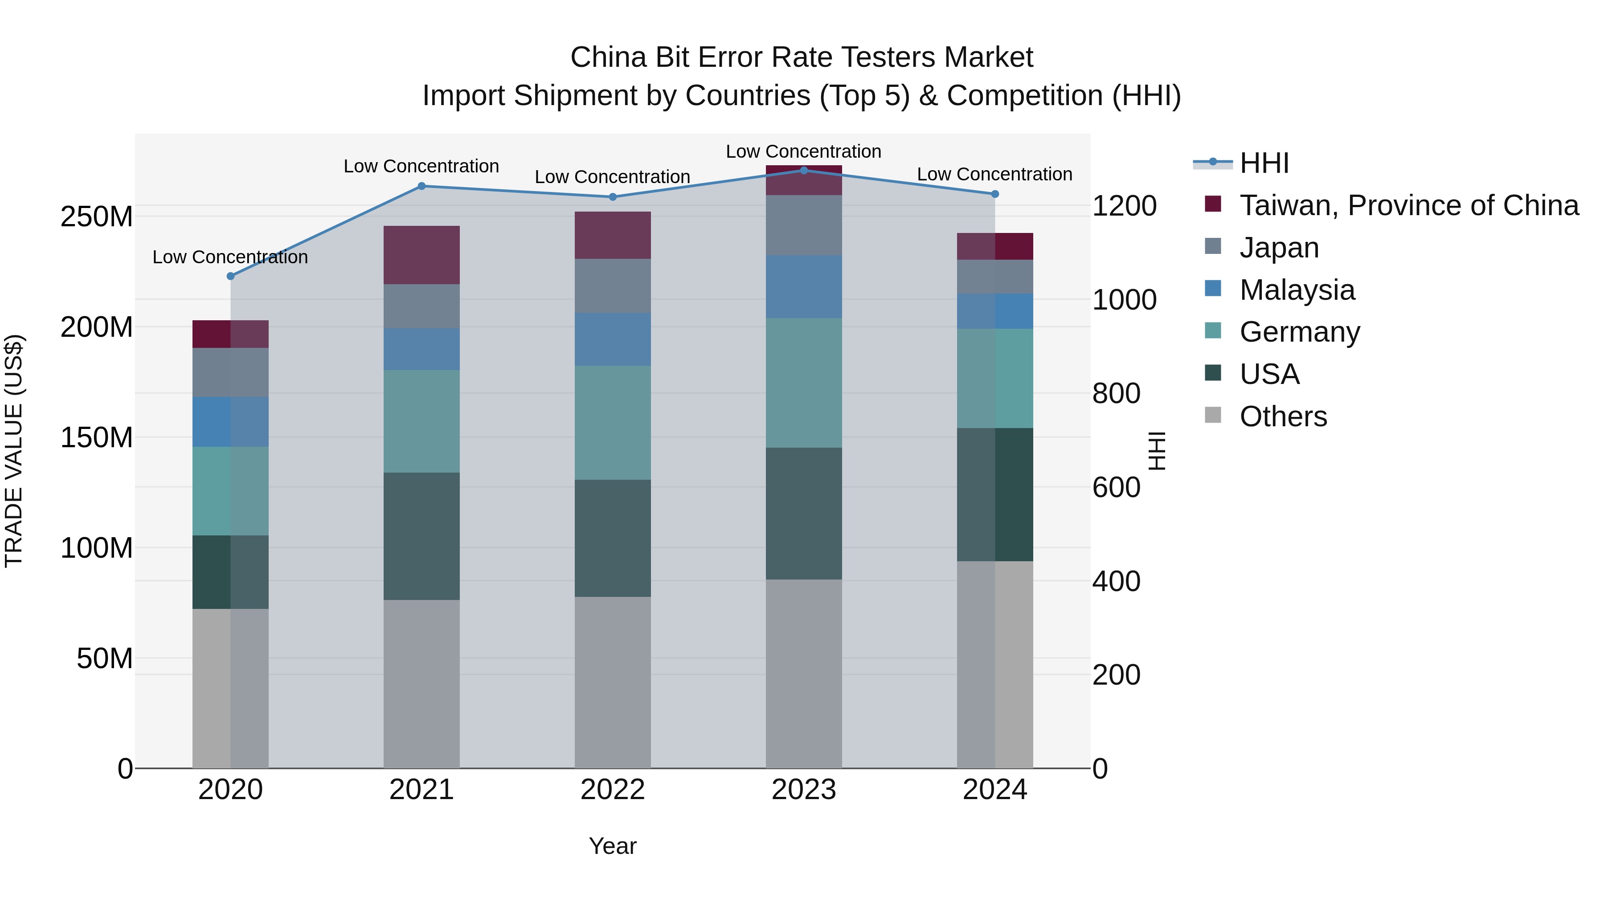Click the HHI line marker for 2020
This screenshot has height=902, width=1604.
230,276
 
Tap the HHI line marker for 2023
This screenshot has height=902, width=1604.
803,170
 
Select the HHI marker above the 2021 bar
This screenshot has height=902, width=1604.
421,185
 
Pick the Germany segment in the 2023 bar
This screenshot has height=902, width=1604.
803,382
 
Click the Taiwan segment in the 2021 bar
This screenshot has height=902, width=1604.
421,255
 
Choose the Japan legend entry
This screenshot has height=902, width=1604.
1279,247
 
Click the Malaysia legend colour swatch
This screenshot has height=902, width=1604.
1212,288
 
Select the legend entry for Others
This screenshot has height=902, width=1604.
1283,416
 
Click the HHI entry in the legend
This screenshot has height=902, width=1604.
1264,163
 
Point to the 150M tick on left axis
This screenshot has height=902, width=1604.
97,437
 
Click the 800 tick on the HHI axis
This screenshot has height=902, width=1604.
1116,393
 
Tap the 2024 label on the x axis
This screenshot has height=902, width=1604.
994,789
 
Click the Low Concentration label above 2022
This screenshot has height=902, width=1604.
612,177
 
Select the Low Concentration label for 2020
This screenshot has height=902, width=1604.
230,257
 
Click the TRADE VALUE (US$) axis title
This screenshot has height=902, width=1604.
14,451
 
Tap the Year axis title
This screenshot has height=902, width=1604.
612,845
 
